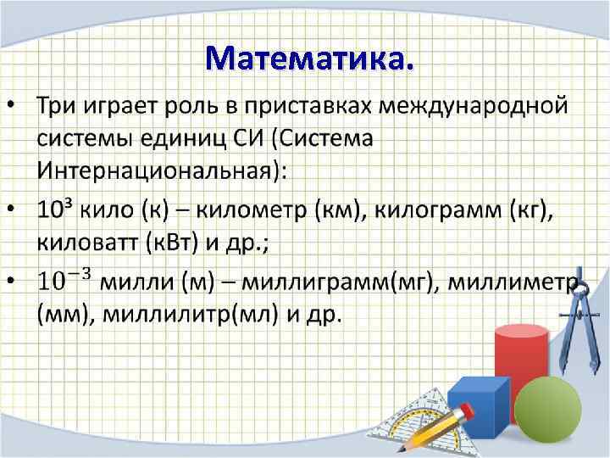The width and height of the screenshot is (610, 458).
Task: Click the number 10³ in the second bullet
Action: coord(53,209)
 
